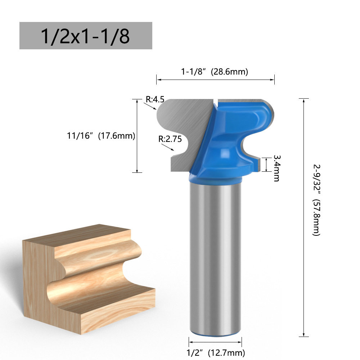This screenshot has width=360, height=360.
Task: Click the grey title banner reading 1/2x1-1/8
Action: point(86,36)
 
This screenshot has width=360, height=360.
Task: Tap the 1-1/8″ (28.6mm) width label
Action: point(215,72)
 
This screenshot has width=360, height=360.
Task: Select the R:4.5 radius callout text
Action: point(155,99)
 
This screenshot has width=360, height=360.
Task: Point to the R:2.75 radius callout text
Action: point(170,139)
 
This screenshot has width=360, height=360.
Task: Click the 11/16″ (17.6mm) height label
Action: point(101,136)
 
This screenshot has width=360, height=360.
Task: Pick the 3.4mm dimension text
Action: point(277,168)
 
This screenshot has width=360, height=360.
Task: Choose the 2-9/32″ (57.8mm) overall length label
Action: point(316,200)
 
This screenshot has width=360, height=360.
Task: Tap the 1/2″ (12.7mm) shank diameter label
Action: point(216,352)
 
